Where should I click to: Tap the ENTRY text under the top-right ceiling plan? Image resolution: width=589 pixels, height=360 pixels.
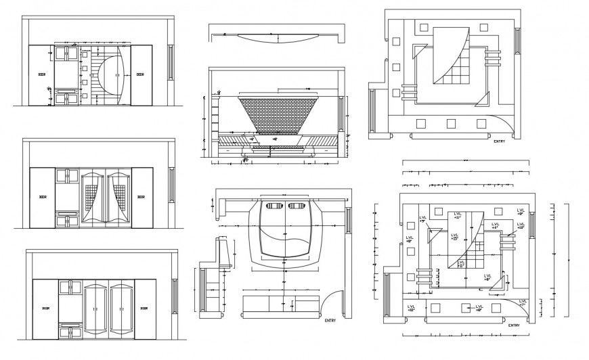click(500, 141)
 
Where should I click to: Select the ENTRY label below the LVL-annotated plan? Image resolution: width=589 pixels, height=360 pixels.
click(514, 325)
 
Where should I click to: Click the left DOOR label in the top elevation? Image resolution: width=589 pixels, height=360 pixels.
click(42, 75)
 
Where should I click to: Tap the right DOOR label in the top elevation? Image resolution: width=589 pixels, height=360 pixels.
click(140, 75)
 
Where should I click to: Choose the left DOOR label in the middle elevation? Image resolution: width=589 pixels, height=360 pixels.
click(42, 197)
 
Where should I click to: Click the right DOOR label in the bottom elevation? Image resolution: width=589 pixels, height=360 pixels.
click(144, 308)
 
